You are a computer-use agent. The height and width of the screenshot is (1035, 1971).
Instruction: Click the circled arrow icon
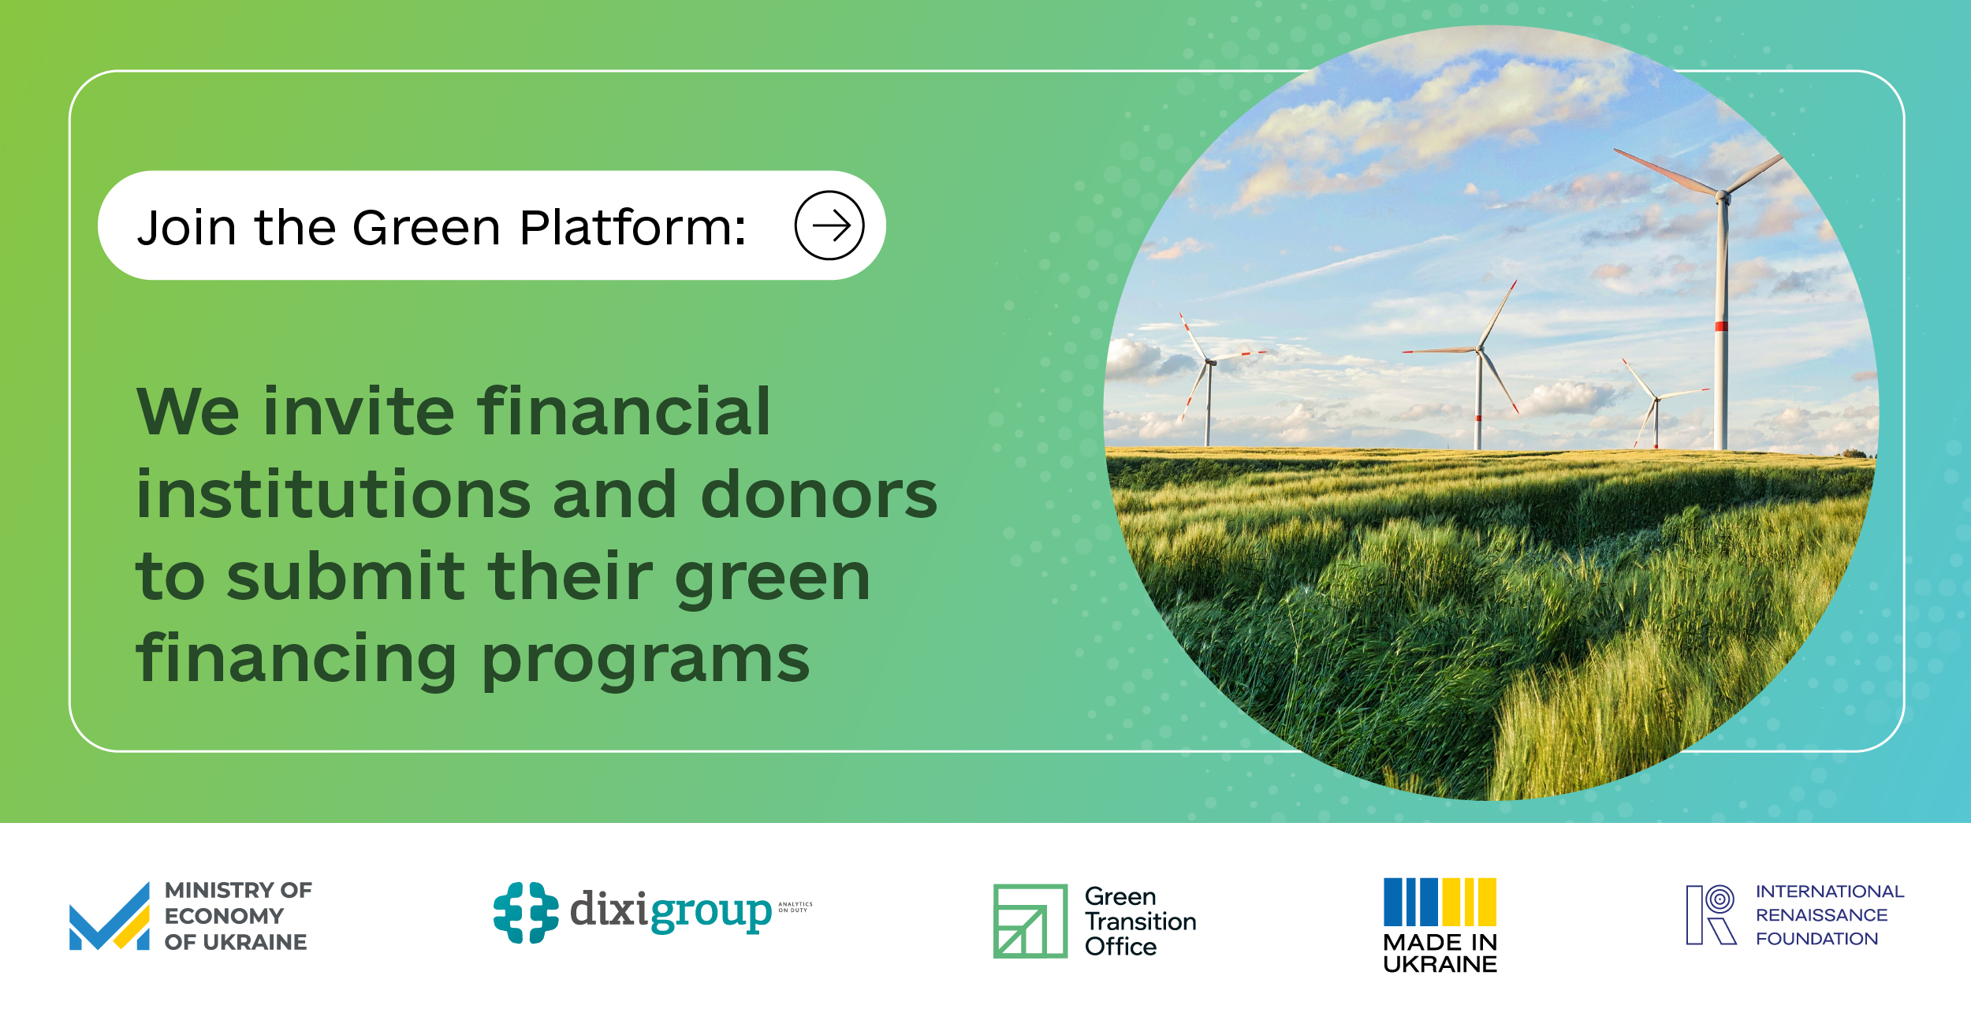tap(829, 225)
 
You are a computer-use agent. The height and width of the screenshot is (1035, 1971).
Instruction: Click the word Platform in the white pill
tap(632, 228)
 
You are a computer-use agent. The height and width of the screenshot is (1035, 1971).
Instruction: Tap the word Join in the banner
tap(187, 228)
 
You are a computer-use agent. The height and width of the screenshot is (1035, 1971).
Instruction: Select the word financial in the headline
tap(623, 411)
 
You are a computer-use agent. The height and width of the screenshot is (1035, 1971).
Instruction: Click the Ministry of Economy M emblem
tap(109, 917)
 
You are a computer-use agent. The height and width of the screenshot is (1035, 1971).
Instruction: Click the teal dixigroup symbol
tap(526, 913)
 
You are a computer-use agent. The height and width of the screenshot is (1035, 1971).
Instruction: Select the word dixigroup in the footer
tap(670, 911)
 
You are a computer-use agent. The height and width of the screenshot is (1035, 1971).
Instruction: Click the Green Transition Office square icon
tap(1030, 921)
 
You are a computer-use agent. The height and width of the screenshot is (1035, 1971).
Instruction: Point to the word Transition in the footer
tap(1140, 921)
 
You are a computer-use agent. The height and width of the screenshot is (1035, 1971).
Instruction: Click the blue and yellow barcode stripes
tap(1440, 902)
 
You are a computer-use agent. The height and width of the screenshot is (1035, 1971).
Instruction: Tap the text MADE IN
tap(1440, 942)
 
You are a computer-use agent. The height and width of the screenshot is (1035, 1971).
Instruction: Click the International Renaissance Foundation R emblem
tap(1711, 914)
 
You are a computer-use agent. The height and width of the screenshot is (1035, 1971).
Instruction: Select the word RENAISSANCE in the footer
tap(1821, 915)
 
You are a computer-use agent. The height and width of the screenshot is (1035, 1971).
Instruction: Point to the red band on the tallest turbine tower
tap(1722, 326)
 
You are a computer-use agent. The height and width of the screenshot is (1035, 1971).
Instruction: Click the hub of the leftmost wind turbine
tap(1209, 362)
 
